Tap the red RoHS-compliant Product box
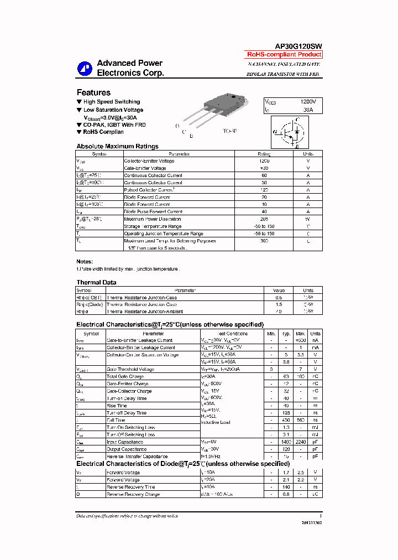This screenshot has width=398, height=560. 284,54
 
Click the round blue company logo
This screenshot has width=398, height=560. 85,68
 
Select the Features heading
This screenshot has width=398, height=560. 93,92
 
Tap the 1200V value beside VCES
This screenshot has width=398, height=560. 308,102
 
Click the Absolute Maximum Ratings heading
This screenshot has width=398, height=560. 117,146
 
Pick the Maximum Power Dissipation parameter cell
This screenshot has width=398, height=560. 153,219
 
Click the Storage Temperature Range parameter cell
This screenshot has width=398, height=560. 153,226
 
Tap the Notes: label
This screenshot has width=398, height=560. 85,261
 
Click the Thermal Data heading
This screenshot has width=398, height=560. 96,282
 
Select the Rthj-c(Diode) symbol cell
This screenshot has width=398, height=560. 90,304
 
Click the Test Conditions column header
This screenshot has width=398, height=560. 233,334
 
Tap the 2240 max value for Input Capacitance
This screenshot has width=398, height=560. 301,442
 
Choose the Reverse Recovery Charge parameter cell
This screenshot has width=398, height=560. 133,494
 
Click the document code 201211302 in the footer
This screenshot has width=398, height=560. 311,522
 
